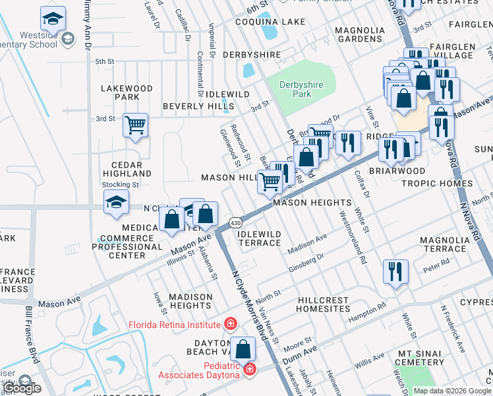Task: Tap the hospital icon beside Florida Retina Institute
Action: [230, 324]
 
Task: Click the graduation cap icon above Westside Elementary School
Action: [53, 18]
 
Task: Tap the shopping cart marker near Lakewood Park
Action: [135, 124]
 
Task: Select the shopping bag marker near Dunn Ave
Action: [243, 348]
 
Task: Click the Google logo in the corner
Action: [22, 388]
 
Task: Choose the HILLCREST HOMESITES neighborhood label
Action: [323, 304]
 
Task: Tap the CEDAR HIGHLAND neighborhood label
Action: [127, 169]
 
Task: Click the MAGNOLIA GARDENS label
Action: [360, 34]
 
